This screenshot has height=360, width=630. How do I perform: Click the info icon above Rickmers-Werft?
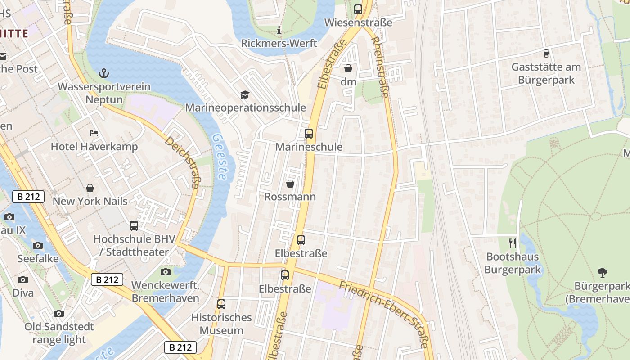pos(279,31)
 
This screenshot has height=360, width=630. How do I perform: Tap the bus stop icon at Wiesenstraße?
pos(358,9)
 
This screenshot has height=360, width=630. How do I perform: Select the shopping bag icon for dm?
pos(348,68)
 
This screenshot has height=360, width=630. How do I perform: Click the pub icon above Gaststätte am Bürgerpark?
pos(546,54)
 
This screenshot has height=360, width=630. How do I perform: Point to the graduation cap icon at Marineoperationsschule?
pos(245,94)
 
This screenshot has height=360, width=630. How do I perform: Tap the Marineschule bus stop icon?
pos(309,134)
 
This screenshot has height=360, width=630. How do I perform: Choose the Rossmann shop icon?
pos(290,184)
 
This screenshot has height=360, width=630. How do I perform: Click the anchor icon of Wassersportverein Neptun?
pos(104,73)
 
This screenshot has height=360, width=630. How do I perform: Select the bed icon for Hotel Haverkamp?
pos(94,133)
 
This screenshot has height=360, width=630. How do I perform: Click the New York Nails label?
pos(90,201)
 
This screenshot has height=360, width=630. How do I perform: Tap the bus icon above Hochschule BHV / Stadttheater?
pos(134,226)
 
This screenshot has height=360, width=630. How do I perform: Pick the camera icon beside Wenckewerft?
pos(166,272)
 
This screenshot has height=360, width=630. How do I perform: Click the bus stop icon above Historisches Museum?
pos(221,304)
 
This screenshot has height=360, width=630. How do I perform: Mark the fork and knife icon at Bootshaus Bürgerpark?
pos(513,243)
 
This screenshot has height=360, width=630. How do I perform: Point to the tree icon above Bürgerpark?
pos(602,272)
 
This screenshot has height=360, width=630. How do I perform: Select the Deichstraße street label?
pos(182,162)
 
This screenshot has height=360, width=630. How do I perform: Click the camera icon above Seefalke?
pos(38,245)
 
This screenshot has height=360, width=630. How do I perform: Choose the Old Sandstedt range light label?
pos(59,333)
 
